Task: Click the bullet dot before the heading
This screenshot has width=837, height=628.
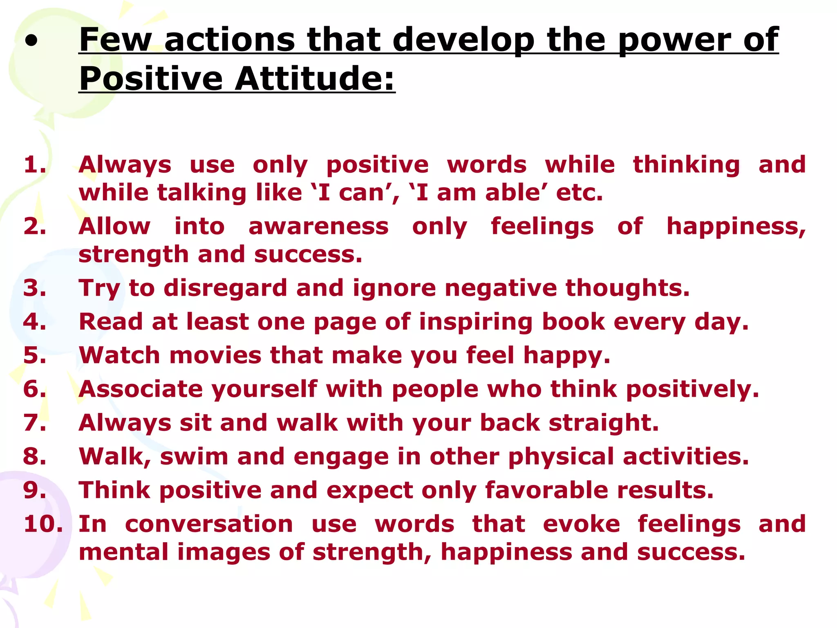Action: pyautogui.click(x=31, y=41)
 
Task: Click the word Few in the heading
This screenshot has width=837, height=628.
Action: pyautogui.click(x=115, y=40)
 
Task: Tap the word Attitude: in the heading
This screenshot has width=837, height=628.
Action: pyautogui.click(x=315, y=78)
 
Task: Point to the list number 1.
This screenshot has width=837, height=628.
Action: pyautogui.click(x=34, y=165)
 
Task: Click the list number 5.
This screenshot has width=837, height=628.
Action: pyautogui.click(x=34, y=355)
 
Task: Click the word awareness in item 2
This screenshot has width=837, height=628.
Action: pyautogui.click(x=318, y=227)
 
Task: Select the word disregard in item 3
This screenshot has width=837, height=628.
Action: pyautogui.click(x=226, y=288)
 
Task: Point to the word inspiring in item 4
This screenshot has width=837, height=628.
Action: pyautogui.click(x=476, y=322)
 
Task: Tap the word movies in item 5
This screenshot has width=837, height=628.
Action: pyautogui.click(x=215, y=355)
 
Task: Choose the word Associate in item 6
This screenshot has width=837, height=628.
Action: pyautogui.click(x=141, y=389)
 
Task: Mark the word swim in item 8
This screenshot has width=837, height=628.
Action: pyautogui.click(x=194, y=456)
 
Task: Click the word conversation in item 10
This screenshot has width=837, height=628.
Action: pyautogui.click(x=209, y=524)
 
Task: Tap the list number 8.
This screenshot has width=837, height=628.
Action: pyautogui.click(x=34, y=456)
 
